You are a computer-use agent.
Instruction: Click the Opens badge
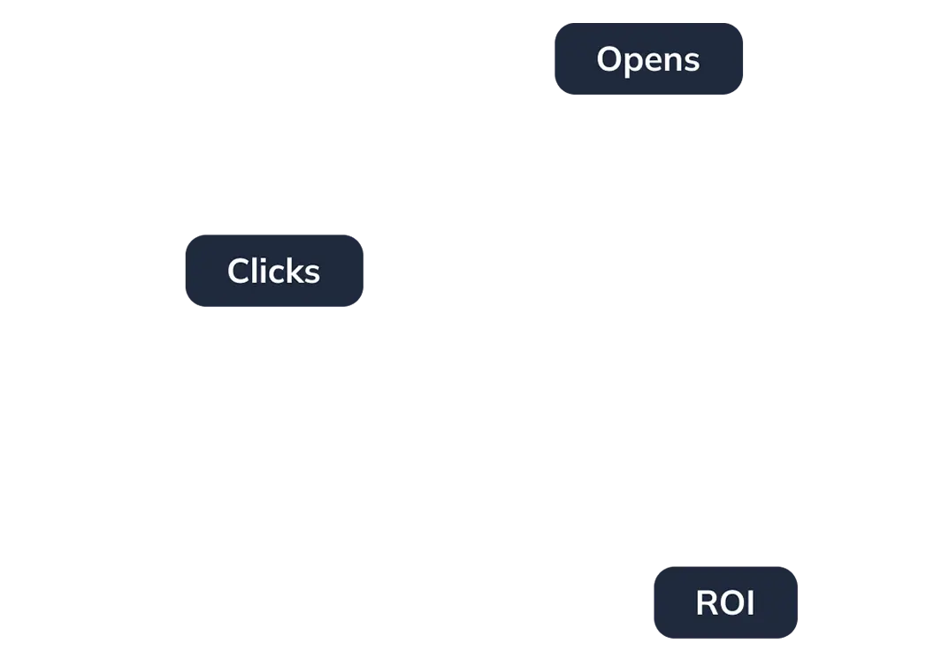pyautogui.click(x=650, y=59)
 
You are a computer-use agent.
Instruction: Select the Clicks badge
pyautogui.click(x=275, y=272)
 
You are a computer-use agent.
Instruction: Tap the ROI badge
pyautogui.click(x=724, y=603)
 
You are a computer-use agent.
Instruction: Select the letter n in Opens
pyautogui.click(x=677, y=62)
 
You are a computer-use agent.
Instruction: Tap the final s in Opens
pyautogui.click(x=693, y=62)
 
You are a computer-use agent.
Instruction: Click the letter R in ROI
pyautogui.click(x=706, y=603)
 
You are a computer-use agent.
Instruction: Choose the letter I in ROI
pyautogui.click(x=751, y=603)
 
